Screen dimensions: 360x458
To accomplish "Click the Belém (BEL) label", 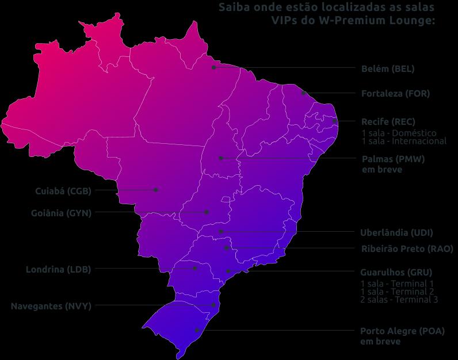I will pos(387,69).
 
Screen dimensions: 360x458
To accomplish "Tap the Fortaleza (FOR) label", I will pos(395,93).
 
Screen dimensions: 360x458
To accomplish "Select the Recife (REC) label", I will pos(388,122).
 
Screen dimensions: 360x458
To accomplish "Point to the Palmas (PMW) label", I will pos(393,159).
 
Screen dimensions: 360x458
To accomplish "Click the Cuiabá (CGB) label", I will pos(63,191).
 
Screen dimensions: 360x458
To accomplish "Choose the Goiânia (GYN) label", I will pos(61,213).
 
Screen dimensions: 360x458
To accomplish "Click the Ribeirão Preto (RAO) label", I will pos(407,249).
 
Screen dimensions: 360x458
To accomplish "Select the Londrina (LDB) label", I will pos(58,269).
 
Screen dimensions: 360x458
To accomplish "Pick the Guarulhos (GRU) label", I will pos(396,273).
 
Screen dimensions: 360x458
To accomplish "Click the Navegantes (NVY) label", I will pos(51,306).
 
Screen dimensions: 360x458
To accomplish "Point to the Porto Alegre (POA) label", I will pos(402,331).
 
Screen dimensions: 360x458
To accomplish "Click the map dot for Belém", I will pos(213,67).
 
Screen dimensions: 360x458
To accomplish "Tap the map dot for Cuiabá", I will pos(156,189).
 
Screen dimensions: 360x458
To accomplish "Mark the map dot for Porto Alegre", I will pos(197,330).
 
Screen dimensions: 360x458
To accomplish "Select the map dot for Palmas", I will pos(220,158).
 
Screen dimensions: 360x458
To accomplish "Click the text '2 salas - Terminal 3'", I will pos(399,300).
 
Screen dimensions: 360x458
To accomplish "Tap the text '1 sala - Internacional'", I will pos(403,141).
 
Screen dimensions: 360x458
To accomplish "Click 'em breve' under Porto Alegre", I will pos(380,342).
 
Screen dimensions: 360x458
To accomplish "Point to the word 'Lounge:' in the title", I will pos(415,21).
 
